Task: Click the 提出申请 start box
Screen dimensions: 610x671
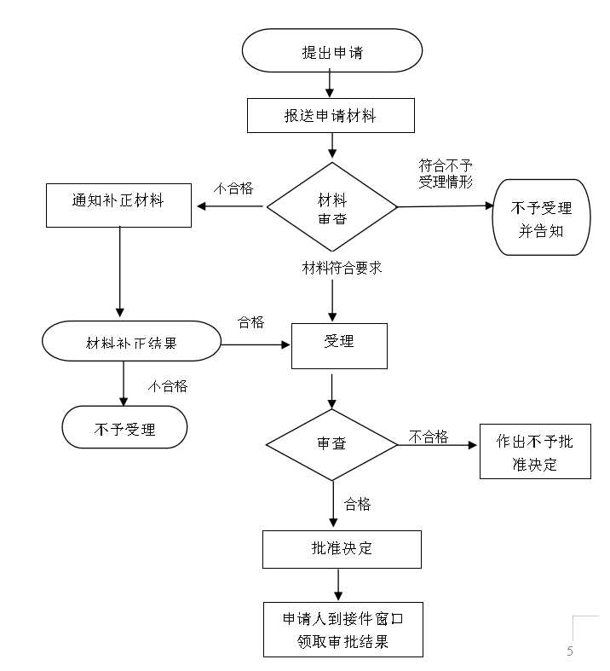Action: (332, 50)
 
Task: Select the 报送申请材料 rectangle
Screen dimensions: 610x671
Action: (331, 116)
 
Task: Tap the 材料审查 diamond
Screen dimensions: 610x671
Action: (332, 206)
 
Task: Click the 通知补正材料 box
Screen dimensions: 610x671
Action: (118, 205)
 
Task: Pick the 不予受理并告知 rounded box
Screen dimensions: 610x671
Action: (541, 217)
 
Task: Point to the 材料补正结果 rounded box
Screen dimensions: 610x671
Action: (132, 341)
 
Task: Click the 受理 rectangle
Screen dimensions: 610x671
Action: (339, 346)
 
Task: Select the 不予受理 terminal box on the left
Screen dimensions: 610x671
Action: (125, 427)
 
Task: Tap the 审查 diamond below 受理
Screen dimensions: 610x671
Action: (331, 444)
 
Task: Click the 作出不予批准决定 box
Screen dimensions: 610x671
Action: (535, 452)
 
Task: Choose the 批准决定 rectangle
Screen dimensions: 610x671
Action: (342, 549)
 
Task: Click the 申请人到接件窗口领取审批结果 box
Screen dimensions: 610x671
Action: (343, 629)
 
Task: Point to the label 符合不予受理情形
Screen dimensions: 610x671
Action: (446, 174)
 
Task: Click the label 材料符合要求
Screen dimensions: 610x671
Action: (342, 268)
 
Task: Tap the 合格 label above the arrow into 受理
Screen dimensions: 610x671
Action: (251, 321)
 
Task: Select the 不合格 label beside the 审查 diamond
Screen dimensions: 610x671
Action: (429, 437)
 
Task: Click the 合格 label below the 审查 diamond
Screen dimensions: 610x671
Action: (357, 504)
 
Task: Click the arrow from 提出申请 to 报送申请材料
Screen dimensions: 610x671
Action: (330, 84)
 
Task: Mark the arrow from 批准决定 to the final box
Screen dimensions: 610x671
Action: (338, 585)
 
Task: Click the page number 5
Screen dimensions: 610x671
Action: (570, 651)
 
